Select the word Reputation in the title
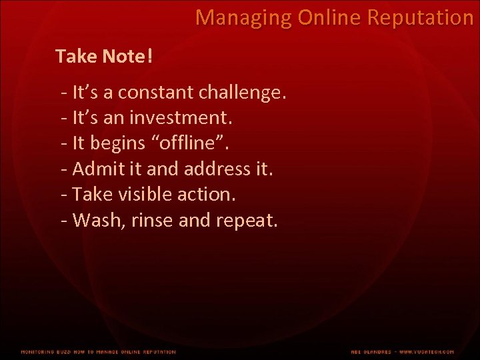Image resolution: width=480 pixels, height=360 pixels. (419, 18)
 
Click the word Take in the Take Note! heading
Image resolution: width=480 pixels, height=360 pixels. (77, 57)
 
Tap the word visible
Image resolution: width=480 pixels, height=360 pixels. (141, 194)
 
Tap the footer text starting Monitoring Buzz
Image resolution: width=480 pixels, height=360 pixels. (98, 351)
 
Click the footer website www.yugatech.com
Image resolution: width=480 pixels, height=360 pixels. (427, 351)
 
